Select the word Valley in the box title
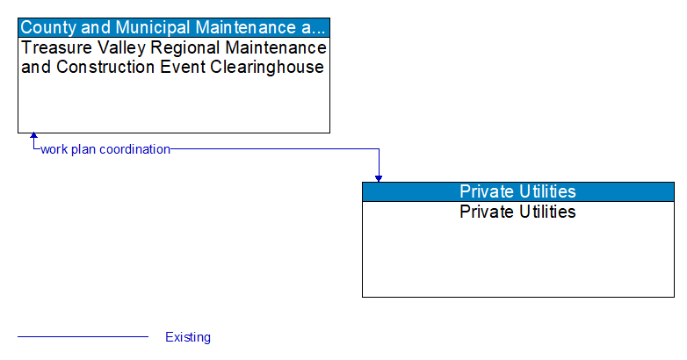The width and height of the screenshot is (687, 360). pos(111,47)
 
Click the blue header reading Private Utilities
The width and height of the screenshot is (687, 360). pos(517,191)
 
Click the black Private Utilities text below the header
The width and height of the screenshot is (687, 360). pos(517,212)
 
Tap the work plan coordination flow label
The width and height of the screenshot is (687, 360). pos(105,149)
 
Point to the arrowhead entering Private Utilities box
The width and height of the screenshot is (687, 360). pos(379,178)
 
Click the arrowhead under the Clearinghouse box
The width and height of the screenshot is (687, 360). pos(33,137)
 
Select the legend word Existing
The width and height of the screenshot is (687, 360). pos(187,337)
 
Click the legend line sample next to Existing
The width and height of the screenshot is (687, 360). pos(83,337)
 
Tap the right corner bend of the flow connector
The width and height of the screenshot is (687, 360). pos(379,149)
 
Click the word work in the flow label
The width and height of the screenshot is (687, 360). pos(54,149)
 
